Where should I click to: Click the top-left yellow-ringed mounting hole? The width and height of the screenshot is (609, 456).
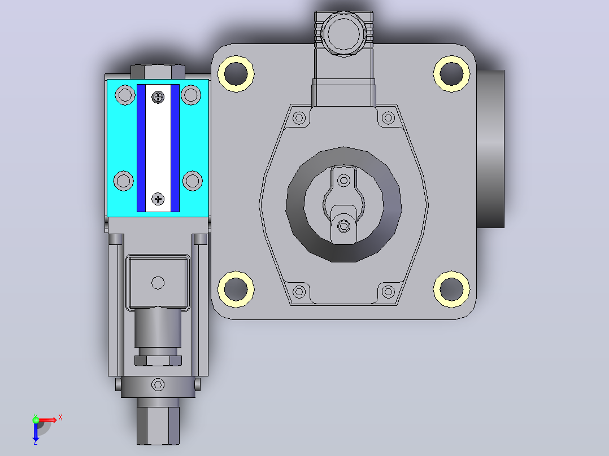(x=236, y=74)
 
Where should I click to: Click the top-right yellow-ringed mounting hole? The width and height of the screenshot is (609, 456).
(x=451, y=74)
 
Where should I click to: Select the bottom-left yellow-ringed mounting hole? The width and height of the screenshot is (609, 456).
(x=236, y=289)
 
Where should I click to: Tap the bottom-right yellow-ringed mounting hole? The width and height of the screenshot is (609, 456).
(x=451, y=289)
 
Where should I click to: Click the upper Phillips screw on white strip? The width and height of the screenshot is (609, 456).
(x=158, y=97)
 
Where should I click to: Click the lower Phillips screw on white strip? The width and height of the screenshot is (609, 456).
(x=158, y=199)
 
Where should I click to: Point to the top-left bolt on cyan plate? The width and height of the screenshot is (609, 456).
(x=125, y=95)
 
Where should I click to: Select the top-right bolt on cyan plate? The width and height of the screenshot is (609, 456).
(x=191, y=95)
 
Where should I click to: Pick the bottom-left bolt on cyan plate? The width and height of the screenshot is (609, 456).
(x=124, y=181)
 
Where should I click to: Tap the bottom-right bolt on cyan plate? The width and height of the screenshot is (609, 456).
(x=192, y=181)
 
